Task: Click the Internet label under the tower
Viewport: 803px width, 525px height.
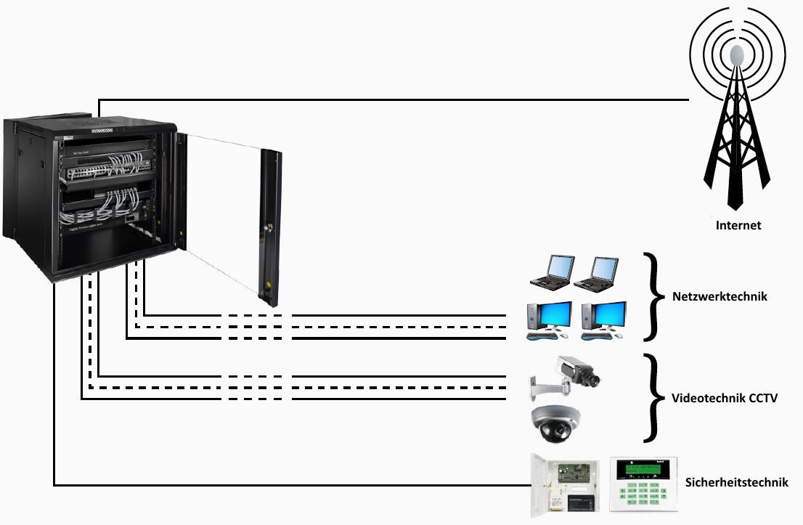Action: pos(738,225)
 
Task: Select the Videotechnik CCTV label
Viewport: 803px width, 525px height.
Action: pos(725,398)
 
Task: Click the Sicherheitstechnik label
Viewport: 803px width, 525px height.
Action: pos(736,482)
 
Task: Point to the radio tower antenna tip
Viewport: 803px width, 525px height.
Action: pos(737,54)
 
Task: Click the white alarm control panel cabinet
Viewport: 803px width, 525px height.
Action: pos(565,484)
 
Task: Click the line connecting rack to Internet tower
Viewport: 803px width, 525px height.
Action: pos(392,99)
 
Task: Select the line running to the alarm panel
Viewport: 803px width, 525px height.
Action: pos(290,484)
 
